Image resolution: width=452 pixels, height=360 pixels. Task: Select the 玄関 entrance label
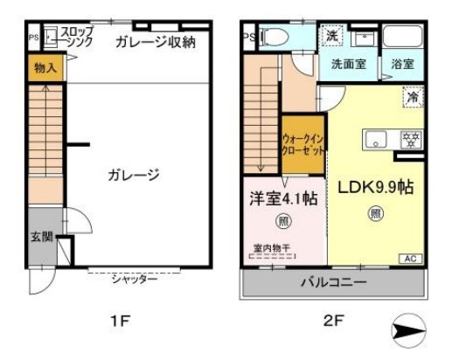coord(41,237)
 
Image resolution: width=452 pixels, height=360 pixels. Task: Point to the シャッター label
coord(135,279)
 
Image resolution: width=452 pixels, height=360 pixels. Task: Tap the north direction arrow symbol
coord(408,330)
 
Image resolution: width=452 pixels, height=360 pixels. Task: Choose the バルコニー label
coord(334,282)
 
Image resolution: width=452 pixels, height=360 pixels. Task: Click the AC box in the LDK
coord(408,259)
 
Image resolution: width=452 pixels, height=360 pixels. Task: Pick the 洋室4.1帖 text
coord(283,197)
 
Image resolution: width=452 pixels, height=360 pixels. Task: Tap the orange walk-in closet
coord(303,143)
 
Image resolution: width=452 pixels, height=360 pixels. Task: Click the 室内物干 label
coord(271,247)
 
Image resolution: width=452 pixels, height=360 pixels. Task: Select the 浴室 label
coord(403,65)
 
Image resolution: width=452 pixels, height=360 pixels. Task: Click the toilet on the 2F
coord(274,38)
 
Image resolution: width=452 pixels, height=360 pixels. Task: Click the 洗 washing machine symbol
coord(332,37)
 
